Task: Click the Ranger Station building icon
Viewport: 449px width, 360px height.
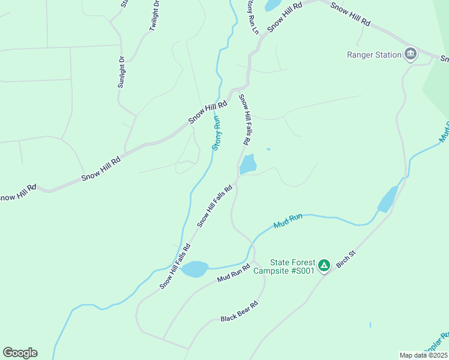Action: (x=411, y=55)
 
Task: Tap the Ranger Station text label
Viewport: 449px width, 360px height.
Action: (x=374, y=55)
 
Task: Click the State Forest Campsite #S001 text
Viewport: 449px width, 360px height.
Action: (x=292, y=266)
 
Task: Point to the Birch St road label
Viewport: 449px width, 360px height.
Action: (x=346, y=259)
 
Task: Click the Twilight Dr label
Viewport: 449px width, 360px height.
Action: (x=154, y=16)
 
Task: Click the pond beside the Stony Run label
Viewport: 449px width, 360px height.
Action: (x=248, y=163)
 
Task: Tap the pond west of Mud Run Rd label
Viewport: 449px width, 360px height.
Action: (x=194, y=269)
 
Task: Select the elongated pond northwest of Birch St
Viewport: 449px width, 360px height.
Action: (x=387, y=199)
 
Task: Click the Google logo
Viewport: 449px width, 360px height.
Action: (x=20, y=353)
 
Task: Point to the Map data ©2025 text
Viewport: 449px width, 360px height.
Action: (x=423, y=355)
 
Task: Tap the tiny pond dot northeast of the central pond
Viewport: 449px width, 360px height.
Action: (x=268, y=149)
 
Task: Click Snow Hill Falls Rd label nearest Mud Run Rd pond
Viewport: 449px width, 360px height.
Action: (x=175, y=266)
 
